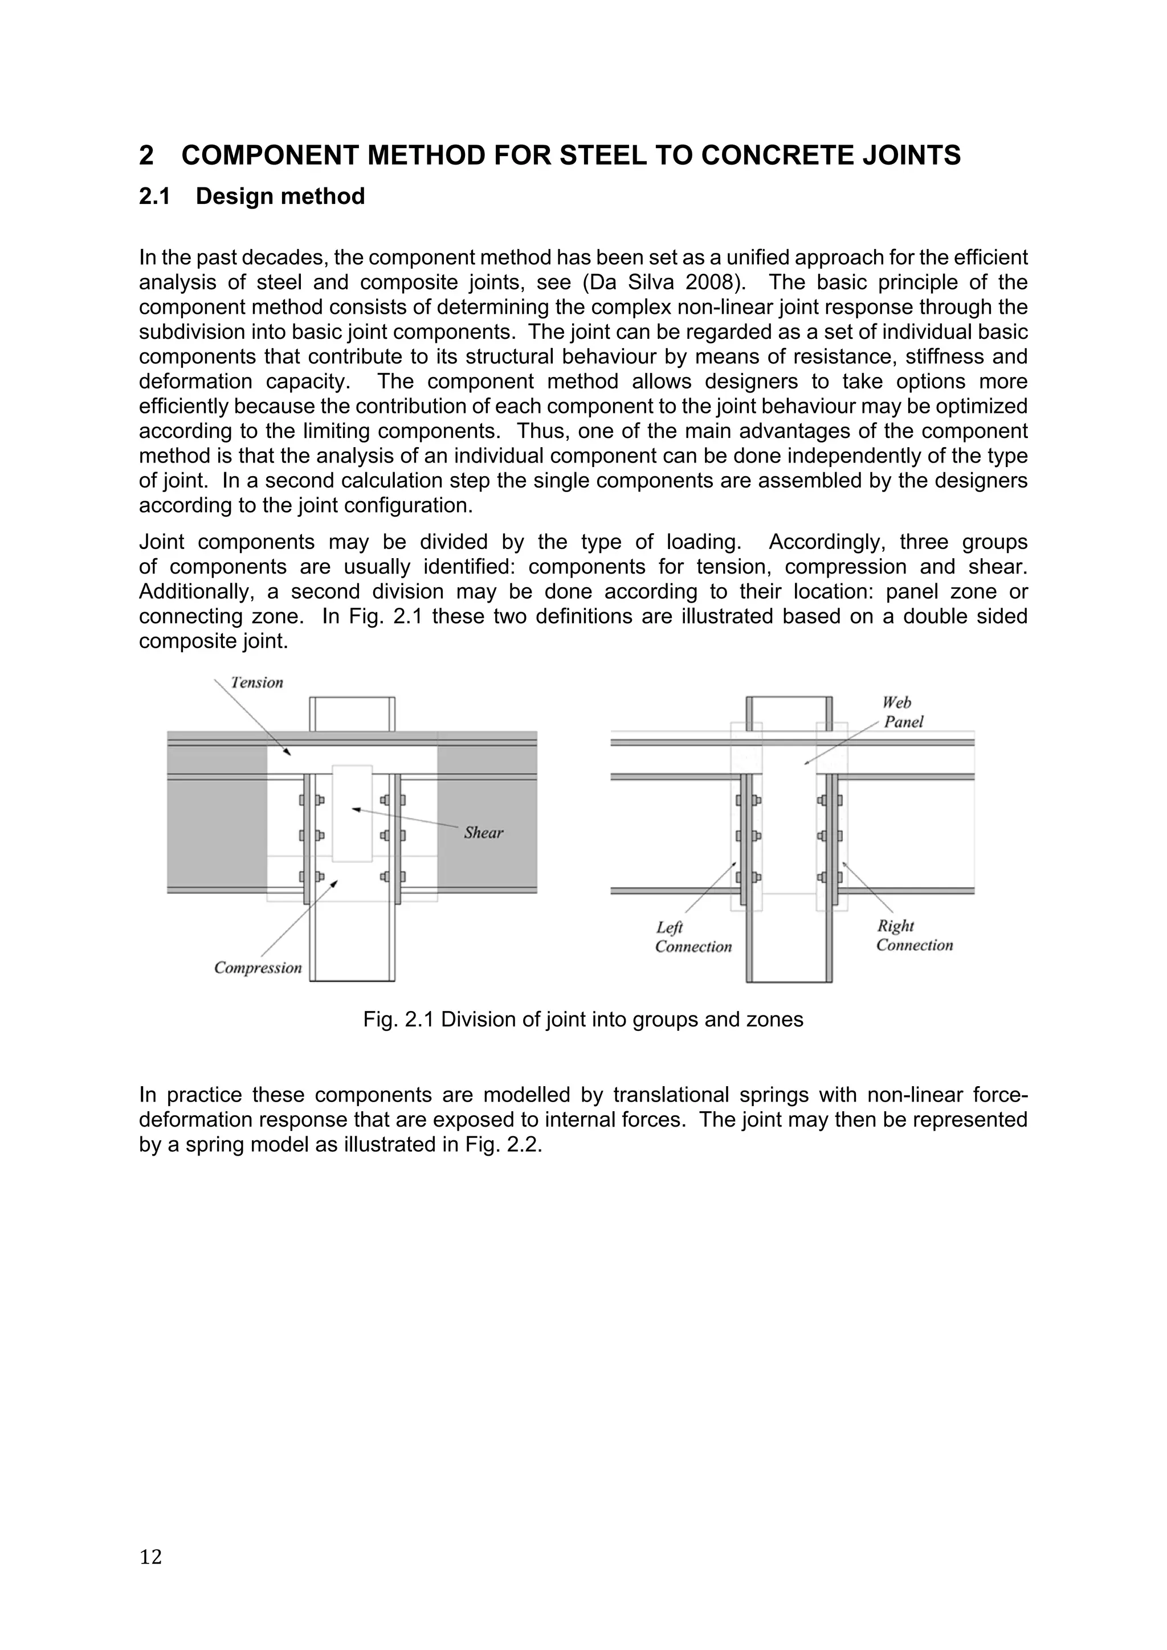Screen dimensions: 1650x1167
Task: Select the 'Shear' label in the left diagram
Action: pos(483,833)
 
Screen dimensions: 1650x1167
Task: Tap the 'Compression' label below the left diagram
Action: pos(258,968)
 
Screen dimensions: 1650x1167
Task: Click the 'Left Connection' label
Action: pos(692,937)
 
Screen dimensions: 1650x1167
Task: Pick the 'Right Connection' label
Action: pos(914,936)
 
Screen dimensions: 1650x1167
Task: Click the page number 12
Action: pos(150,1557)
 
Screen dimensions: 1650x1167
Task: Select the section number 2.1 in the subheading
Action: pos(154,196)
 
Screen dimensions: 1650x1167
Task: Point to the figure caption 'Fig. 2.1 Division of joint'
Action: pos(582,1019)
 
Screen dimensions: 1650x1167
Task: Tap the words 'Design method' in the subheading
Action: pos(280,196)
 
